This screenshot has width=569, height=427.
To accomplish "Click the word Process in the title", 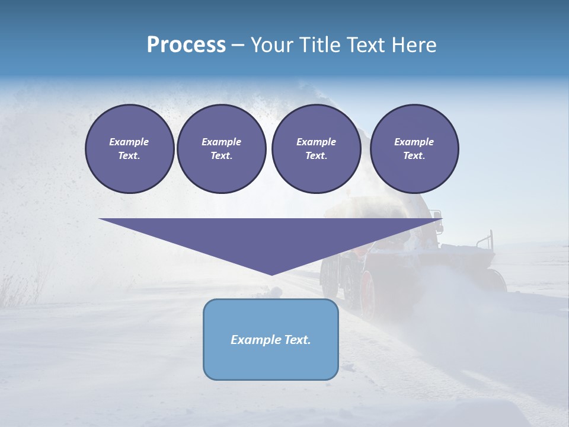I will (186, 45).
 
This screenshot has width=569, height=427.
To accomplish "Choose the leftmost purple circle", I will (129, 149).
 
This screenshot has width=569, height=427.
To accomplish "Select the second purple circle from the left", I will (221, 149).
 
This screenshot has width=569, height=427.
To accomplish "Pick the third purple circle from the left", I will (316, 149).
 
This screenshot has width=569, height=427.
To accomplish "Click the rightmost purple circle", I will (414, 149).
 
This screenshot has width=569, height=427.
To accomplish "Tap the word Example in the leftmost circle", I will (129, 142).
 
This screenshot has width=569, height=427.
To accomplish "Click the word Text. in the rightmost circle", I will (414, 156).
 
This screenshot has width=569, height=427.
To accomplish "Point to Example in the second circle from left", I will (221, 142).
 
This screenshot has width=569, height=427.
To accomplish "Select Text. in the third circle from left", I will (316, 156).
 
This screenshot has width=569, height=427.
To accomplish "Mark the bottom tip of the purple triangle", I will (271, 274).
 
